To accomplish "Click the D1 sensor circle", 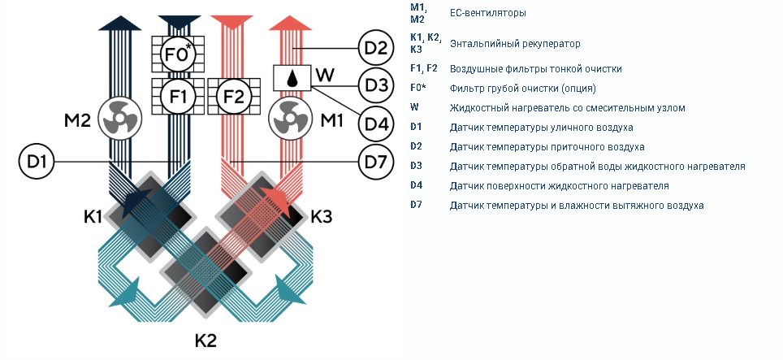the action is pos(37,162).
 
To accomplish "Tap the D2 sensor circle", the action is pos(376,49).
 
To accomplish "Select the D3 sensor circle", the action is pos(376,85).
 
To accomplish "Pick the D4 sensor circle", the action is pos(376,123).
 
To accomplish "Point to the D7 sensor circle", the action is pos(376,162).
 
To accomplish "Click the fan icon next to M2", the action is pos(120,119).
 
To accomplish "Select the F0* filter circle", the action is pos(178,54).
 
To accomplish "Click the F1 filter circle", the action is pos(178,97).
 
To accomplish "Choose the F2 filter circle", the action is pos(234,97).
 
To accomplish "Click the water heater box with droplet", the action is pos(292,78).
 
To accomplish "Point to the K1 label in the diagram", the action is pos(93,217).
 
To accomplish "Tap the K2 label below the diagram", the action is pos(205,341).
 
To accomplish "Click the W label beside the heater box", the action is pos(325,76).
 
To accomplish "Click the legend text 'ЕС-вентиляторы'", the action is pos(488,13).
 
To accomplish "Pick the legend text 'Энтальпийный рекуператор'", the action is pos(515,43).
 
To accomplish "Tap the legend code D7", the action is pos(417,204).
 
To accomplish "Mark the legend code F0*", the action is pos(418,88).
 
